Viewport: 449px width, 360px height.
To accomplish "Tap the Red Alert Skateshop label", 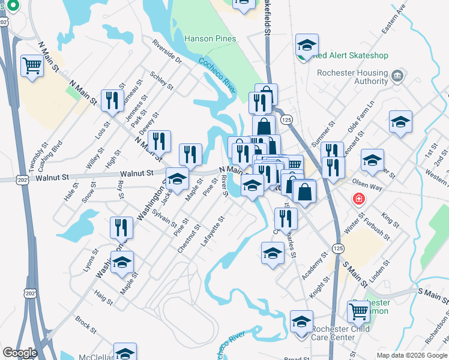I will click(x=350, y=55).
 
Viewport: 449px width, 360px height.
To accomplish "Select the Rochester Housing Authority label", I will click(x=352, y=77).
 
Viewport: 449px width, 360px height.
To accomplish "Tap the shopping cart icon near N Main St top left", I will click(x=32, y=65).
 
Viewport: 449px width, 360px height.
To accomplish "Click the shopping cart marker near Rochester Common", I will click(x=359, y=311).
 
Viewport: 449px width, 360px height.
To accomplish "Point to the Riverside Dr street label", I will click(x=167, y=53).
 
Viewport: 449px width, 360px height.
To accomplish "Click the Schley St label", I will click(x=161, y=82).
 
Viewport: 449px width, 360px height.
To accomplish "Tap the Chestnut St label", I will click(x=188, y=238).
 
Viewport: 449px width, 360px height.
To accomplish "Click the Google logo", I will click(x=20, y=353).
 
